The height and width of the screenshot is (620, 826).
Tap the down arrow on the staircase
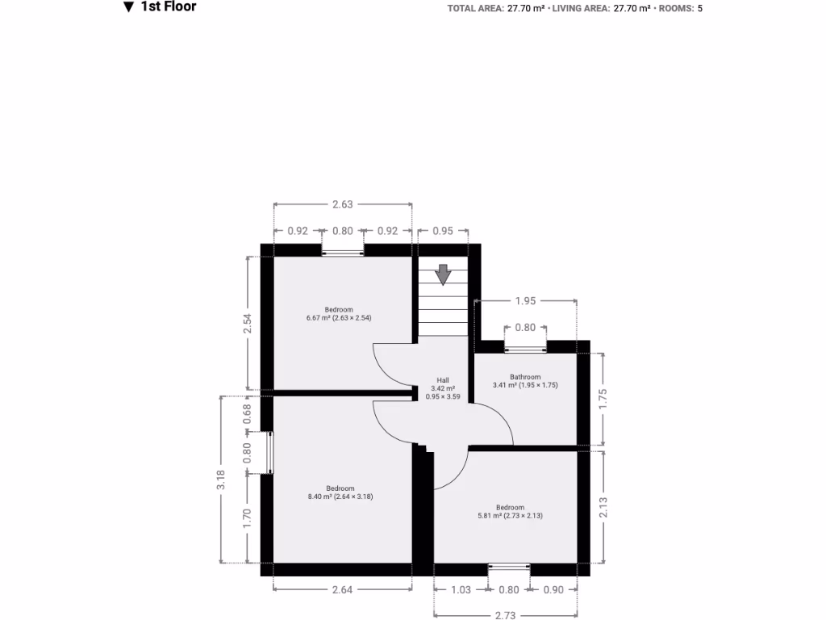(x=443, y=274)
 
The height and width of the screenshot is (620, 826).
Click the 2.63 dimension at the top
(x=343, y=205)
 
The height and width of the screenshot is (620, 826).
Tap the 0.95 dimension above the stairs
(x=442, y=231)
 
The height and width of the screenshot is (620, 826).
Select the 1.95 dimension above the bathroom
(x=525, y=301)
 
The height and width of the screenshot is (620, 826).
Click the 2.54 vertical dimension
(x=248, y=323)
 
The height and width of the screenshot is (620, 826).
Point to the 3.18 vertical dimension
(x=221, y=480)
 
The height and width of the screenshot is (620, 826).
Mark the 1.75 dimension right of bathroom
(x=603, y=400)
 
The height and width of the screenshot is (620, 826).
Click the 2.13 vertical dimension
(x=603, y=507)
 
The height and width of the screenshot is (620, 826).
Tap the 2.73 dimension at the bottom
(x=506, y=615)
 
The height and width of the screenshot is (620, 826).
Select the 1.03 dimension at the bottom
(x=461, y=590)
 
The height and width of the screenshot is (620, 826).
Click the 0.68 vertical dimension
(x=248, y=413)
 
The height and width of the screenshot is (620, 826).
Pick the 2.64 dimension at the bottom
(x=342, y=590)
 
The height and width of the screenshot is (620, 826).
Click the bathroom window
(x=525, y=349)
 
